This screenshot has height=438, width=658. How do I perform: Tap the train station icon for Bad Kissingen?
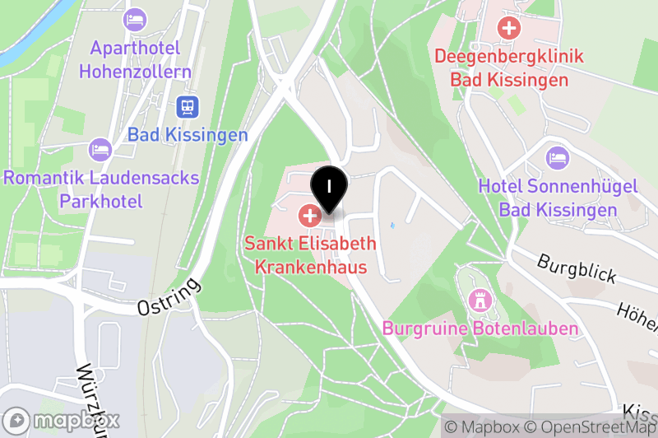point(188,106)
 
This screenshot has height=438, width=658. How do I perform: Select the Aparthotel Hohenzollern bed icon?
point(133,19)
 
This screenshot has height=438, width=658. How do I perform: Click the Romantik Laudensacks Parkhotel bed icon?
point(100,149)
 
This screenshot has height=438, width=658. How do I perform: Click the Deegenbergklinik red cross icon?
point(509,29)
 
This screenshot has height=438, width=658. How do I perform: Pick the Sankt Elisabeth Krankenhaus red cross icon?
point(309,217)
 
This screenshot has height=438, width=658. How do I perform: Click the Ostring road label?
point(169,298)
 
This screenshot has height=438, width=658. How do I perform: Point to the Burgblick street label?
point(577,268)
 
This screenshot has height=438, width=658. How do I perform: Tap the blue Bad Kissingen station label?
point(188,135)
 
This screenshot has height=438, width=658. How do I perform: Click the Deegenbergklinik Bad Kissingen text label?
point(509,68)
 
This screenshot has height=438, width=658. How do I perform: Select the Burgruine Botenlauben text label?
point(480,328)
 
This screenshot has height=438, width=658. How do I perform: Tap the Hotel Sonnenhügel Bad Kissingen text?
point(558,198)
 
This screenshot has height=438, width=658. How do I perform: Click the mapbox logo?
point(63,420)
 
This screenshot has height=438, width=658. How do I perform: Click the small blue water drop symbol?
point(392,225)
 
